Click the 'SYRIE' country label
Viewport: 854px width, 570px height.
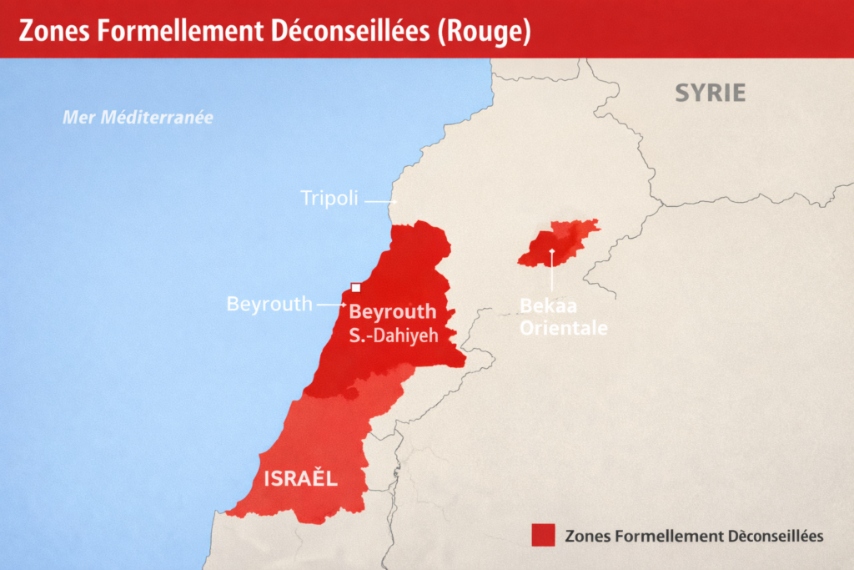click(710, 93)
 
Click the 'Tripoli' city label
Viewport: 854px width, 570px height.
click(329, 199)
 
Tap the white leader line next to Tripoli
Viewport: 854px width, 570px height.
click(379, 201)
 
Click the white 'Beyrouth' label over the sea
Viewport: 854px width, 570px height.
click(268, 304)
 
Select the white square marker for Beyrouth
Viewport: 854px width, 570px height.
click(355, 288)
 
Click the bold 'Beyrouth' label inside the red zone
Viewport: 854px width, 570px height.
click(392, 312)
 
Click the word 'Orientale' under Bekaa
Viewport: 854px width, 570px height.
click(563, 327)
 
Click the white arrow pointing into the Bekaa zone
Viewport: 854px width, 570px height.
click(552, 267)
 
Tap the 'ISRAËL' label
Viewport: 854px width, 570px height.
click(300, 479)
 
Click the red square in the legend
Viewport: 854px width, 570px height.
click(542, 535)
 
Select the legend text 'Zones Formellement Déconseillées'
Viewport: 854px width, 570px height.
click(694, 535)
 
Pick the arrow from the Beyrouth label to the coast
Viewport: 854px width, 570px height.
click(330, 305)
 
